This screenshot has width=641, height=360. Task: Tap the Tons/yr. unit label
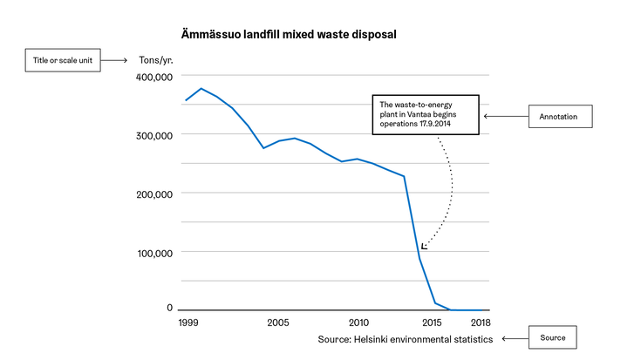[x=158, y=61]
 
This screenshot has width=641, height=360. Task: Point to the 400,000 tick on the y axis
[x=156, y=77]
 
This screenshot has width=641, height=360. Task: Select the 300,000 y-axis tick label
[x=156, y=135]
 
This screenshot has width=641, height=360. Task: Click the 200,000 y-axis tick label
[x=156, y=194]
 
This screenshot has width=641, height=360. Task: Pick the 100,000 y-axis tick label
[x=156, y=253]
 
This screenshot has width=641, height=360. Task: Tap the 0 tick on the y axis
[x=170, y=308]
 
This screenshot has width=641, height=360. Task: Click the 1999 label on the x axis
[x=186, y=323]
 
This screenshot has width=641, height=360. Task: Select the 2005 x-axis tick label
[x=278, y=323]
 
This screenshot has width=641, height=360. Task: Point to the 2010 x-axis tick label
[x=358, y=323]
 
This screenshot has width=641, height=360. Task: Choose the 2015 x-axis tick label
[x=432, y=323]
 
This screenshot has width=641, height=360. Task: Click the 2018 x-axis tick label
[x=479, y=323]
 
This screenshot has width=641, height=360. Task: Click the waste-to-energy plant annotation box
[x=426, y=114]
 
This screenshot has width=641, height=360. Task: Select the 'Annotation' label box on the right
[x=561, y=115]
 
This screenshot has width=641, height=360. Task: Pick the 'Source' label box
[x=551, y=337]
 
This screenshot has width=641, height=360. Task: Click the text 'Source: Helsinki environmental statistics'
[x=406, y=338]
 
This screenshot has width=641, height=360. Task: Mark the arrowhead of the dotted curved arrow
[x=424, y=248]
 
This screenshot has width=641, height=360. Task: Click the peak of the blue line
[x=201, y=89]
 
